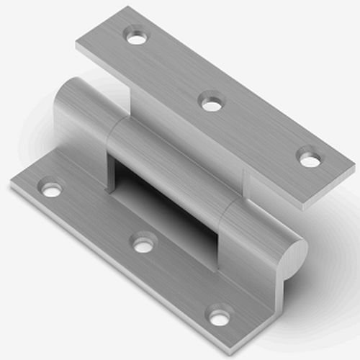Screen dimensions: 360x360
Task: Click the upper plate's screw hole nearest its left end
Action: click(x=135, y=35)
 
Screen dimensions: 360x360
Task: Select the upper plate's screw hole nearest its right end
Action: click(x=310, y=158)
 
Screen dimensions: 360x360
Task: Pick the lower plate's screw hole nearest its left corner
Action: click(x=51, y=190)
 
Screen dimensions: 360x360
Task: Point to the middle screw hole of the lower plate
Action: click(x=144, y=245)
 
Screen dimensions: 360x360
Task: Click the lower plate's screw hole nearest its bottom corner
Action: click(x=220, y=315)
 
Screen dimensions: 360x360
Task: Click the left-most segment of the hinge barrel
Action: click(x=83, y=115)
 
